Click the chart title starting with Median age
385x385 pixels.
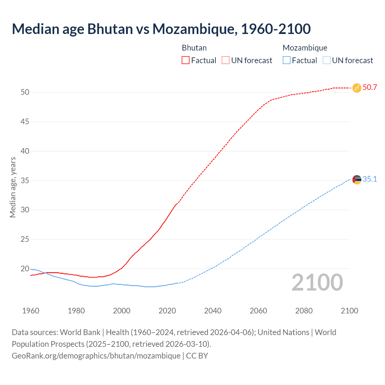pyautogui.click(x=161, y=29)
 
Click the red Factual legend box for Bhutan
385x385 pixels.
pyautogui.click(x=186, y=60)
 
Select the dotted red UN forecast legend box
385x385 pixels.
pyautogui.click(x=226, y=60)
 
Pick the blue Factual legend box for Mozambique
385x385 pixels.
pyautogui.click(x=287, y=60)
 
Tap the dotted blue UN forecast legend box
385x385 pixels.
pyautogui.click(x=327, y=60)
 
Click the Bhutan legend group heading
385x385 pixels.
pyautogui.click(x=194, y=48)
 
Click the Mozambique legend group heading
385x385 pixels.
pyautogui.click(x=305, y=48)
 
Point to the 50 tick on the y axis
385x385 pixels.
pyautogui.click(x=25, y=92)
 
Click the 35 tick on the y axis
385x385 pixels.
pyautogui.click(x=25, y=180)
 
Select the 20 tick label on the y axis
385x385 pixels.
pyautogui.click(x=25, y=269)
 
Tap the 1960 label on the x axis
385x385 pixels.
pyautogui.click(x=31, y=311)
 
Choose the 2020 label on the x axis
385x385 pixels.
pyautogui.click(x=167, y=311)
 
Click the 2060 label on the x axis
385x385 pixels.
pyautogui.click(x=258, y=311)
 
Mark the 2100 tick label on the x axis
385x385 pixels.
pyautogui.click(x=350, y=311)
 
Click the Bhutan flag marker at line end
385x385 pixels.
pyautogui.click(x=357, y=88)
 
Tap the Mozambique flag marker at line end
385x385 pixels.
pyautogui.click(x=357, y=180)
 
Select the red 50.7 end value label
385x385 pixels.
pyautogui.click(x=370, y=88)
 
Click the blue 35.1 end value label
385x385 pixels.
pyautogui.click(x=370, y=179)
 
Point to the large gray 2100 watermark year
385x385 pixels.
pyautogui.click(x=317, y=282)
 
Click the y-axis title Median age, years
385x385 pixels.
pyautogui.click(x=13, y=187)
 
